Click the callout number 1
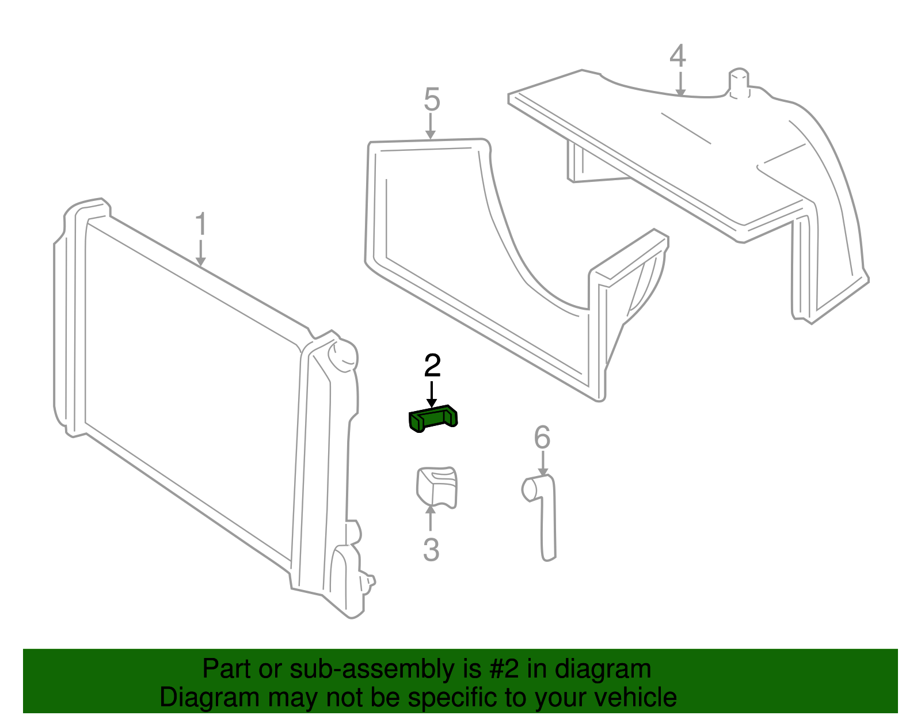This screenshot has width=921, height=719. coord(200,225)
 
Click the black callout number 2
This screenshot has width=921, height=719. coord(432,366)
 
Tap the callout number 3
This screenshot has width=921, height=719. coord(431,550)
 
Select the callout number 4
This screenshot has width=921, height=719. coord(678,56)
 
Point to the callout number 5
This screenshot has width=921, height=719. coord(432,100)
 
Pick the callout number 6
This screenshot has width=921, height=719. coord(542,438)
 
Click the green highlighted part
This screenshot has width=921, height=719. coord(433,419)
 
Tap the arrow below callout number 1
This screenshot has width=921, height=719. coord(200,253)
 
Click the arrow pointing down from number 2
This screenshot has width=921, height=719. coord(432,395)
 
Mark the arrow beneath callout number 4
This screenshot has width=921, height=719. coord(680,84)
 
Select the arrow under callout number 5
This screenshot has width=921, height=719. coord(431,126)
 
